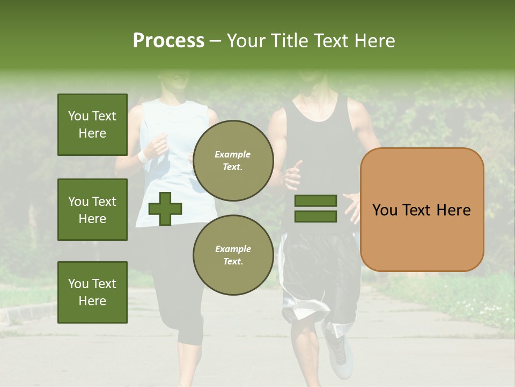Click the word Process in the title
coord(168,40)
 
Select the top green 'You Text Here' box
coord(92,125)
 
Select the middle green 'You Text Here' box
coord(92,210)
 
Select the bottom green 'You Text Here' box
coord(92,292)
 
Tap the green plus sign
coord(165,209)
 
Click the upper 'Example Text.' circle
coord(233,160)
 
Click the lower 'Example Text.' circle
coord(233,255)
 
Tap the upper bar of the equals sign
coord(315,201)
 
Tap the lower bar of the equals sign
coord(315,217)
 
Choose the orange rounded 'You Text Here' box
coord(422,210)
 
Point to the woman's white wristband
coord(143,156)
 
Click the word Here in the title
coord(374,40)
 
